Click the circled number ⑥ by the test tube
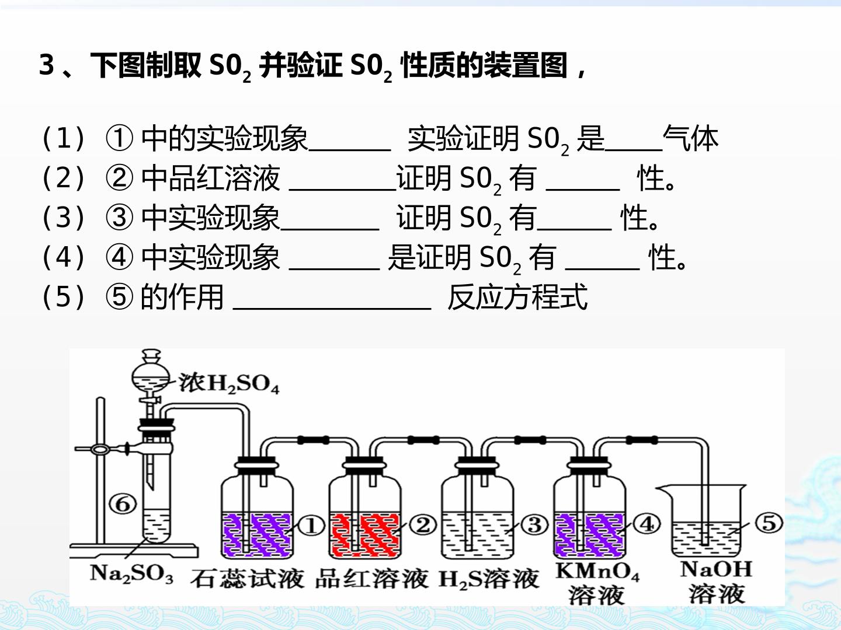click(x=123, y=504)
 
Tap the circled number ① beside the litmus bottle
click(x=311, y=526)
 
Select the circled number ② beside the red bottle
click(x=423, y=525)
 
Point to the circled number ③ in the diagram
click(x=535, y=525)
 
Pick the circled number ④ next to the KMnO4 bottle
click(x=647, y=524)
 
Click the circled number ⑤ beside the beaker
click(x=769, y=523)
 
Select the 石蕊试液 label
click(x=247, y=578)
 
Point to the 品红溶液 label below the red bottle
click(x=371, y=578)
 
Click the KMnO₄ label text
click(x=597, y=572)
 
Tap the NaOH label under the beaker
click(x=716, y=569)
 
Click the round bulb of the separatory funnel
click(x=150, y=377)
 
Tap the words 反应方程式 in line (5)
click(x=517, y=297)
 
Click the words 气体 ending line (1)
click(x=690, y=138)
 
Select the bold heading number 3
click(x=46, y=65)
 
